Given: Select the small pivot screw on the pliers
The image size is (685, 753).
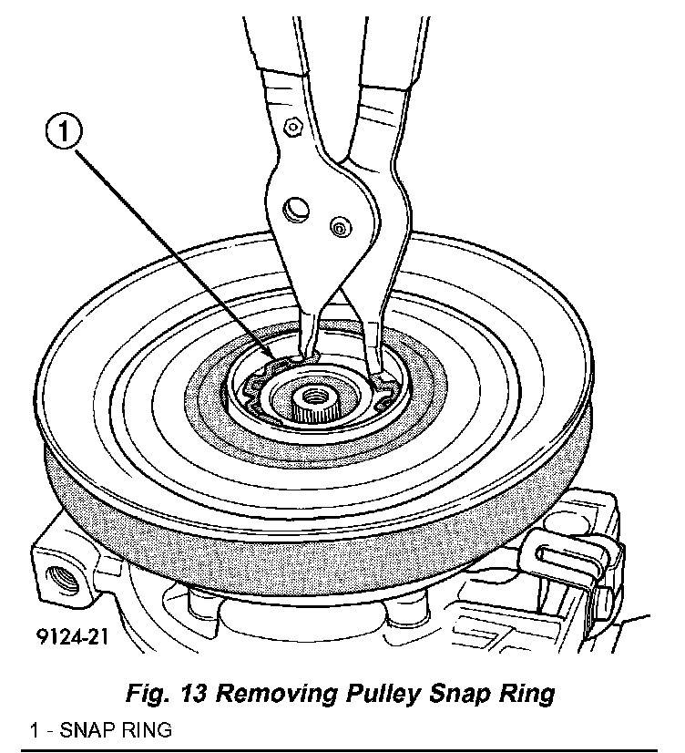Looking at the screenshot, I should click(x=339, y=227).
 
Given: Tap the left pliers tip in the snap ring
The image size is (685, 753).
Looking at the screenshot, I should click(x=305, y=358).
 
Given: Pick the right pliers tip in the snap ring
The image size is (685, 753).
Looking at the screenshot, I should click(x=376, y=372).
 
